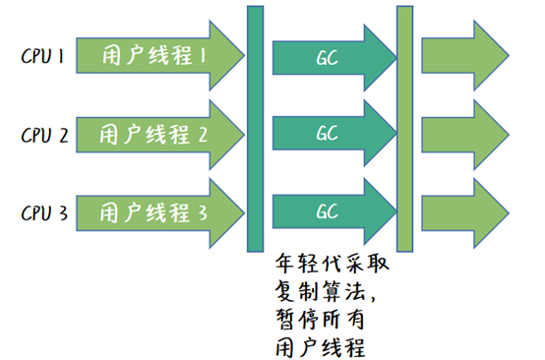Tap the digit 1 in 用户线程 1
202,57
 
